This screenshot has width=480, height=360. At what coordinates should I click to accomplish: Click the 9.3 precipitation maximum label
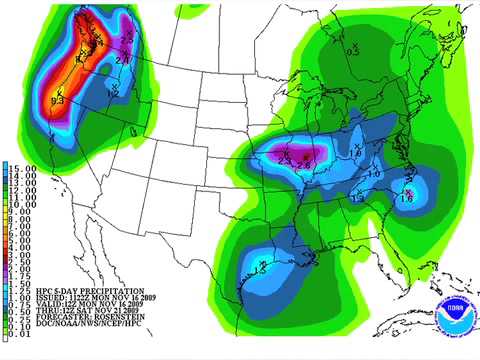tap(57, 100)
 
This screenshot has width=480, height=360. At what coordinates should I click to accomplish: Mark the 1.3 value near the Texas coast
tap(262, 267)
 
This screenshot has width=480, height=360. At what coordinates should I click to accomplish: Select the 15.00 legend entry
tap(21, 167)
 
